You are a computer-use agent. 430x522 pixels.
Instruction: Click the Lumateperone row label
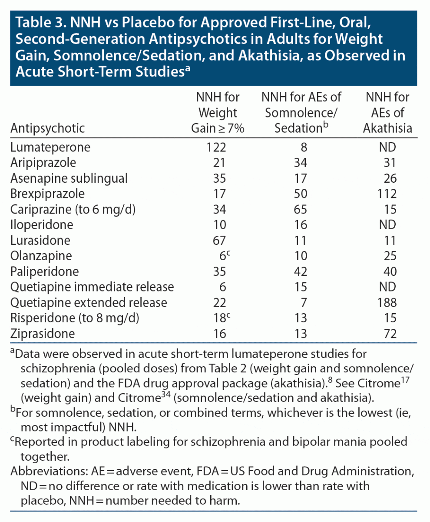[x=50, y=147]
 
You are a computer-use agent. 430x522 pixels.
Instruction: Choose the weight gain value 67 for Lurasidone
[x=220, y=240]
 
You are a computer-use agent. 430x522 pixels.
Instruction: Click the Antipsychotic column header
[x=48, y=128]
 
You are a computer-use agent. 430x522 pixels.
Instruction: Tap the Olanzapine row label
[x=41, y=256]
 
